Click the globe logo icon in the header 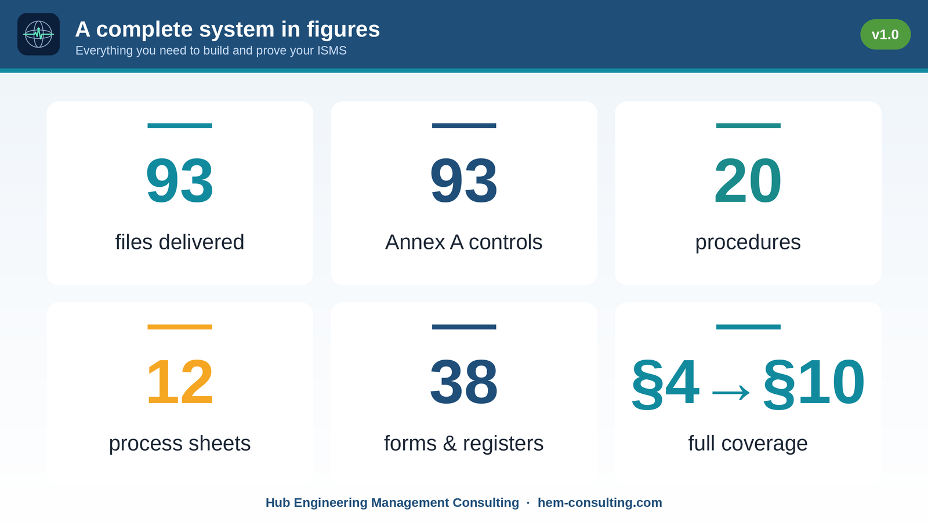point(38,34)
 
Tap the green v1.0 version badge point(885,34)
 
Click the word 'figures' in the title point(343,30)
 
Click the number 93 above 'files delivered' point(180,180)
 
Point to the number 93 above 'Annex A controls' point(463,180)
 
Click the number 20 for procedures point(748,180)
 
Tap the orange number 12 point(180,382)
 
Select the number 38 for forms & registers point(463,382)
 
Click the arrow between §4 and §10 point(731,392)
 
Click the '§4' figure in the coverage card point(666,383)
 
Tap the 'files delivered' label point(180,242)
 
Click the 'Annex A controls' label point(463,242)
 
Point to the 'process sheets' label point(180,444)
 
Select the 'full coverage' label point(748,444)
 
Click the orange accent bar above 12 point(180,327)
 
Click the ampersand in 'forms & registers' point(449,443)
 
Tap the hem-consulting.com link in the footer point(600,502)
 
